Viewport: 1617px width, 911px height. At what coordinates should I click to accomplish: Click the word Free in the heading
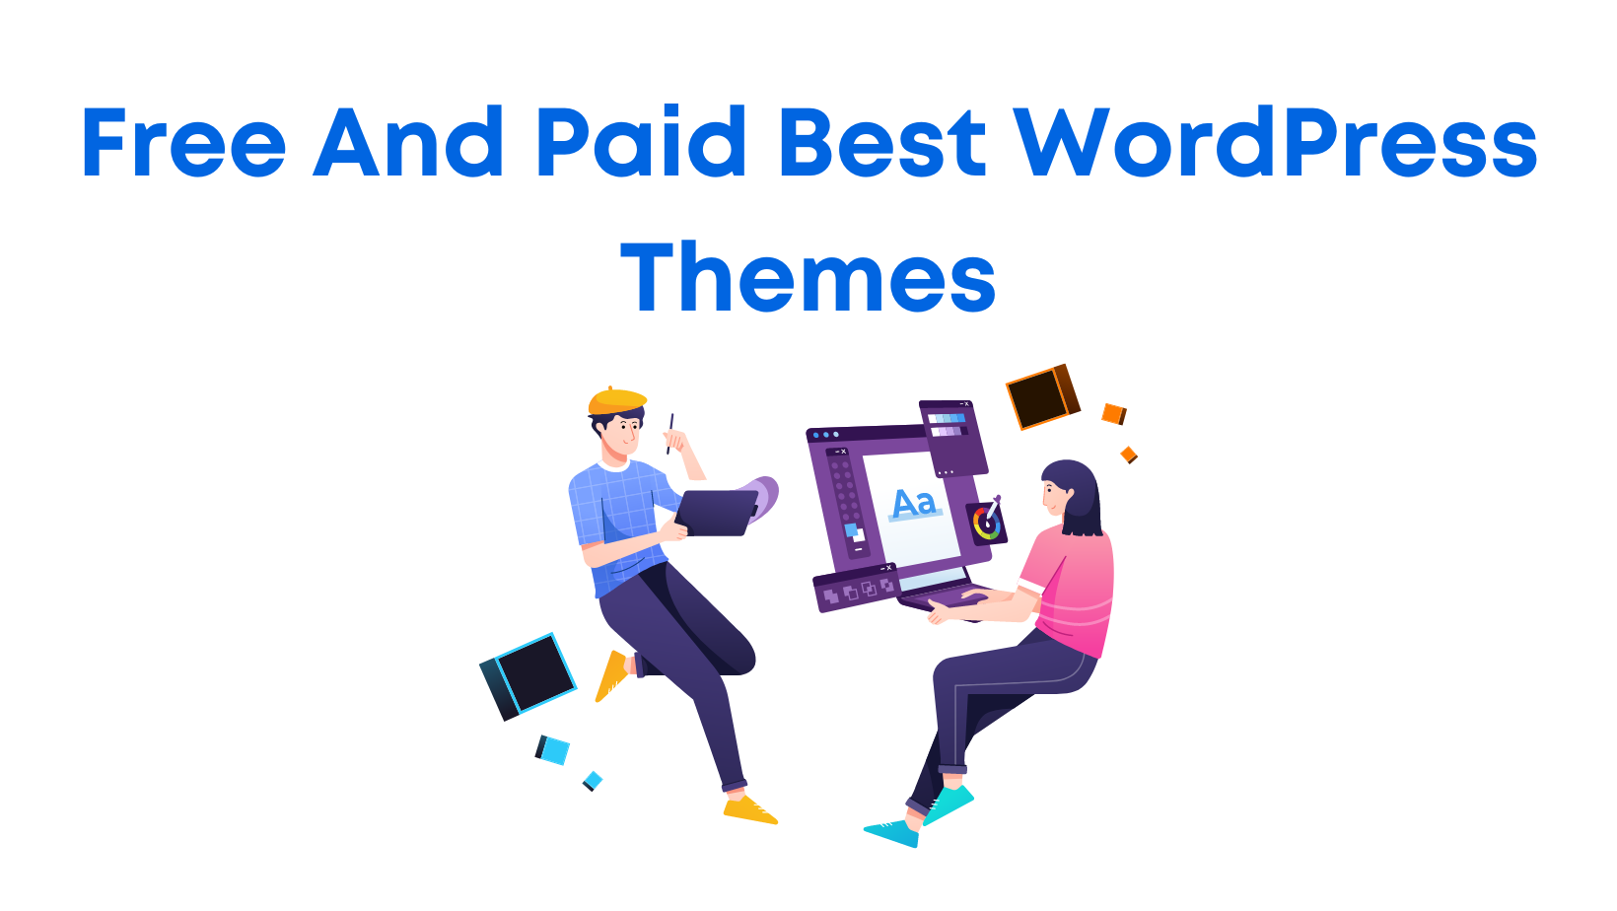[x=183, y=144]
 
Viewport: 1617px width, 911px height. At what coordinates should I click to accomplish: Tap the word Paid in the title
[x=640, y=144]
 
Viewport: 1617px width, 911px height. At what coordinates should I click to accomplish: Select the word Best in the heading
[x=882, y=144]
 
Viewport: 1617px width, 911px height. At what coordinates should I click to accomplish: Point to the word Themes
[x=808, y=279]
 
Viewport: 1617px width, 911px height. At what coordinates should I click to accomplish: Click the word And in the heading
[x=409, y=144]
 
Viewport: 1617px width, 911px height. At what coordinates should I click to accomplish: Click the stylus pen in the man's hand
[x=669, y=434]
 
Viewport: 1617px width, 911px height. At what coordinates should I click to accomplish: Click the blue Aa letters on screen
[x=913, y=503]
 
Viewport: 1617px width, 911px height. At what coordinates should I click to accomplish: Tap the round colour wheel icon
[x=986, y=523]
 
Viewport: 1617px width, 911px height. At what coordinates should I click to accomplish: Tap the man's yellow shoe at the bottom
[x=749, y=810]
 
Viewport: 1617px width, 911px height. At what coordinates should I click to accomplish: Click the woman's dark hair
[x=1080, y=493]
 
